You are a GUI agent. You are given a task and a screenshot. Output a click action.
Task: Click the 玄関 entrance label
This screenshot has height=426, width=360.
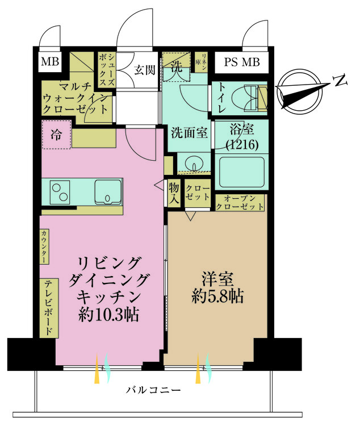[x=145, y=70]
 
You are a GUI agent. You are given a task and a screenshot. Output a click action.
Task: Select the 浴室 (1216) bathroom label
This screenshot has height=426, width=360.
[x=242, y=138]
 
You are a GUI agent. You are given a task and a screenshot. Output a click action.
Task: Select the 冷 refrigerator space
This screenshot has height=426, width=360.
[x=56, y=135]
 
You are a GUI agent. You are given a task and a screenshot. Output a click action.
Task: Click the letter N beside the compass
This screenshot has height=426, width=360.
[x=340, y=82]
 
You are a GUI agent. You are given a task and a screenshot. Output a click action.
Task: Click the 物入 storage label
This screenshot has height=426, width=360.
[x=174, y=194]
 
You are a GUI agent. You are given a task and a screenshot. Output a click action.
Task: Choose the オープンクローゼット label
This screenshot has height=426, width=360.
[x=240, y=202]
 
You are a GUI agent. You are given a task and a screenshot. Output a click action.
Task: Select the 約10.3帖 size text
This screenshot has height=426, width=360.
[x=110, y=315]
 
